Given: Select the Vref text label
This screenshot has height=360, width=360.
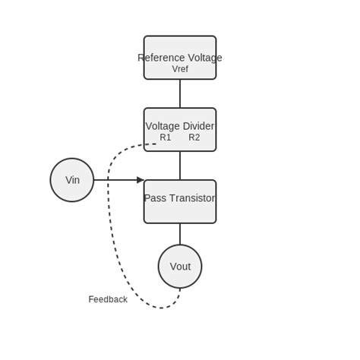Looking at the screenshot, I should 180,69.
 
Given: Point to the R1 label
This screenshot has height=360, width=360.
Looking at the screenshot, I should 166,137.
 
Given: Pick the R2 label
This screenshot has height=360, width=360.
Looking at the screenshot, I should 194,137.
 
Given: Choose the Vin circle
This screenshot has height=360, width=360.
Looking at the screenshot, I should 72,180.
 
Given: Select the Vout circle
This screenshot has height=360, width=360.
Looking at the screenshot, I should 180,267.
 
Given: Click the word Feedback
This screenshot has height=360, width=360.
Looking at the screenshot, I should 108,299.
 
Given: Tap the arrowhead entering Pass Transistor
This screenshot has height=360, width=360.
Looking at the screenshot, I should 141,180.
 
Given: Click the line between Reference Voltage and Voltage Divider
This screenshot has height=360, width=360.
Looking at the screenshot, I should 180,93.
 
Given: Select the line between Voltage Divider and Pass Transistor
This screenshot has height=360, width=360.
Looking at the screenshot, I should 180,166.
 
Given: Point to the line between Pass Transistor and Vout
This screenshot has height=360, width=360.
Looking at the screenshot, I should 180,234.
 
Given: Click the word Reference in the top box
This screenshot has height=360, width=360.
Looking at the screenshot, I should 160,58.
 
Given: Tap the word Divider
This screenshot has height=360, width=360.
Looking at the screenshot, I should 199,126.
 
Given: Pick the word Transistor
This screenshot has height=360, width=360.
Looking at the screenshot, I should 192,198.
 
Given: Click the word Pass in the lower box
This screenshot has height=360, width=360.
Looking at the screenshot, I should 154,198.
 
